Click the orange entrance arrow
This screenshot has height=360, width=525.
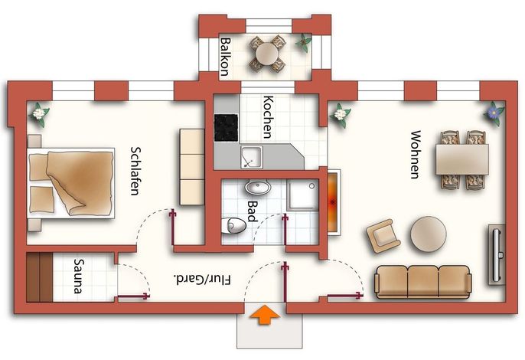265,314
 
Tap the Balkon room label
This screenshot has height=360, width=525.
226,57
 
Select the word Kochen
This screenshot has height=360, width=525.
268,117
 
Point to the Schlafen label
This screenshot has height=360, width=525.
135,171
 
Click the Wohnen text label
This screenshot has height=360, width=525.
415,155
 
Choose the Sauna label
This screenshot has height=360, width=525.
79,276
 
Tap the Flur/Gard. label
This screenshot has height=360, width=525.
203,280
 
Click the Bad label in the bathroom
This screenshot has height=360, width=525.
252,211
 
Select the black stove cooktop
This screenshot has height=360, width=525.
226,128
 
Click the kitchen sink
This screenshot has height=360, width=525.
251,157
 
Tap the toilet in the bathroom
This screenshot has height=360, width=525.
233,225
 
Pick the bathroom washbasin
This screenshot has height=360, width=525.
257,187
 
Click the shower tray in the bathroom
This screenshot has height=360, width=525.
302,196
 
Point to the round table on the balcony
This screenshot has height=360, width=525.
267,54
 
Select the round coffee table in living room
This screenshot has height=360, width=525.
429,234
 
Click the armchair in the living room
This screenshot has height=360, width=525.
383,236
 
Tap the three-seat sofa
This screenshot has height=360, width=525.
423,282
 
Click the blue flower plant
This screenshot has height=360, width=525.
494,113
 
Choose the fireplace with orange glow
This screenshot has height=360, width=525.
333,202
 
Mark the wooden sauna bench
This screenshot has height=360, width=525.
39,277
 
